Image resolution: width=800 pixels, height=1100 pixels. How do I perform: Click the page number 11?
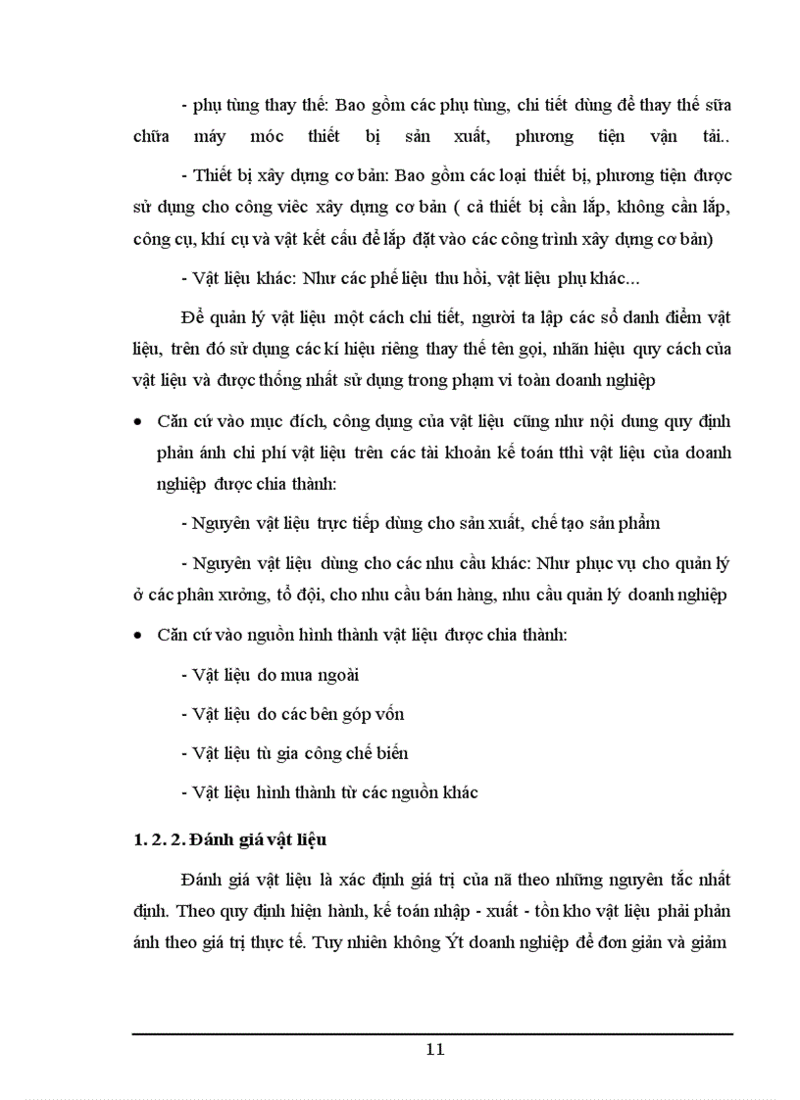(436, 1049)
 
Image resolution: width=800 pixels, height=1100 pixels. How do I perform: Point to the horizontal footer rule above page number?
(432, 1033)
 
